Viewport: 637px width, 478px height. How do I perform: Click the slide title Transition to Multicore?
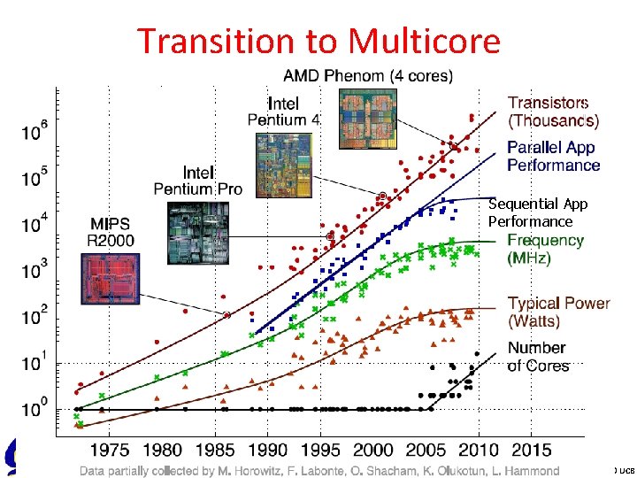(x=318, y=41)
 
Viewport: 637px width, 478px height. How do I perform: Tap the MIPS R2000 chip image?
(x=111, y=280)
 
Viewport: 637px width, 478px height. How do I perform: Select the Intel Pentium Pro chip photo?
(x=197, y=232)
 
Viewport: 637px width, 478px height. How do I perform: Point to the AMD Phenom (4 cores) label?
(x=367, y=75)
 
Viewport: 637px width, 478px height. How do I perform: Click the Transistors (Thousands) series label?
(x=553, y=112)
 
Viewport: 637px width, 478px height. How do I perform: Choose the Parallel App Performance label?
(x=553, y=156)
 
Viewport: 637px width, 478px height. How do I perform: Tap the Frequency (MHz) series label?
(x=545, y=249)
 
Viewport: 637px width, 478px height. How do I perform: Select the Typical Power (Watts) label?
(x=558, y=312)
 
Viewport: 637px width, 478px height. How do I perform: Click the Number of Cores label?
(x=539, y=356)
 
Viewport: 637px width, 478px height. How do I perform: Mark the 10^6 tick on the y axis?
(x=35, y=131)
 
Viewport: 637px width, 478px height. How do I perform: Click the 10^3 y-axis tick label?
(x=35, y=271)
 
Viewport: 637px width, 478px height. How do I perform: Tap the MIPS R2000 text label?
(x=111, y=231)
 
